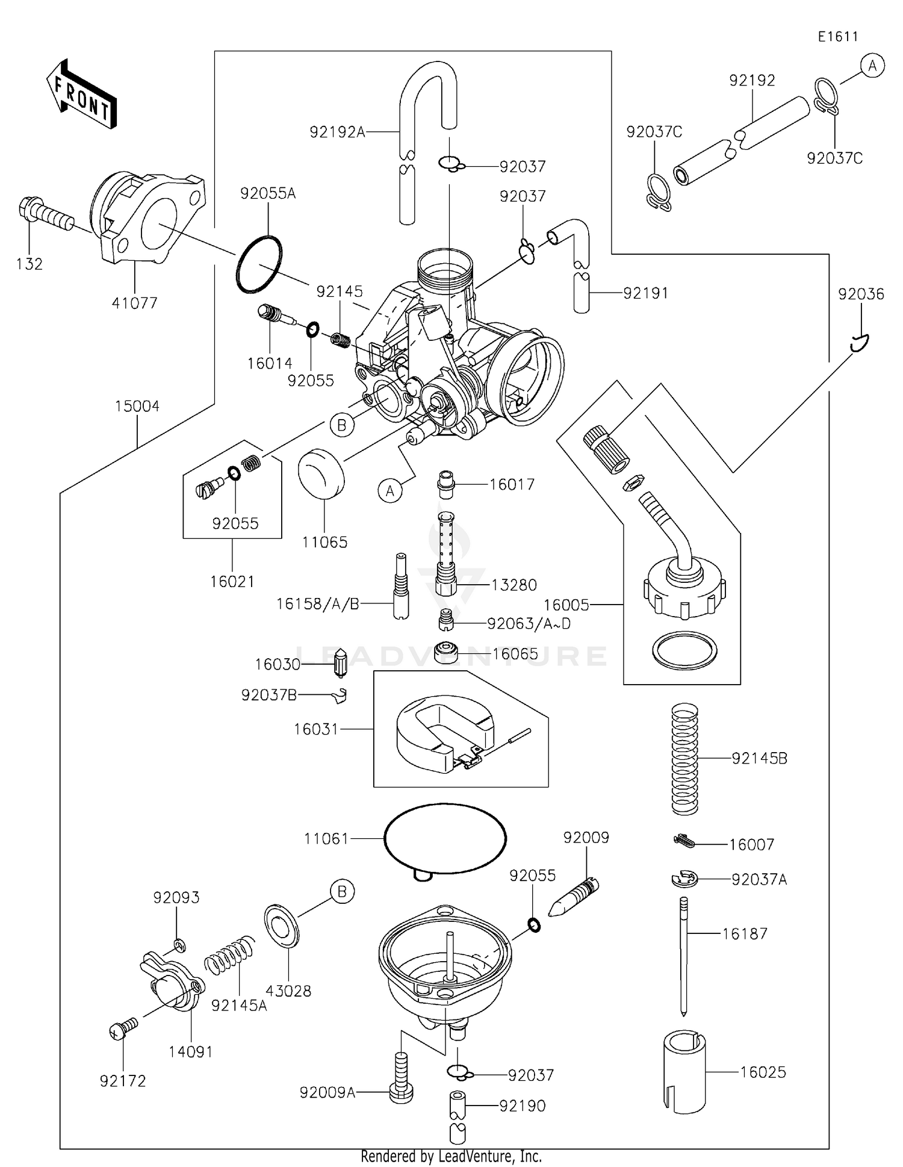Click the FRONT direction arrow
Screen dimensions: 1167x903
pyautogui.click(x=82, y=95)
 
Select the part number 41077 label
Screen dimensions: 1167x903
pyautogui.click(x=134, y=303)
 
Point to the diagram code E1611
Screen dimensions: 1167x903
pyautogui.click(x=837, y=37)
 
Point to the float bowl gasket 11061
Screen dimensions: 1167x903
pyautogui.click(x=445, y=838)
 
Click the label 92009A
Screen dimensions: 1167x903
pyautogui.click(x=327, y=1092)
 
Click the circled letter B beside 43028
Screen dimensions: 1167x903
pyautogui.click(x=342, y=891)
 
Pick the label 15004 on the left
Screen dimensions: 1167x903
pyautogui.click(x=137, y=406)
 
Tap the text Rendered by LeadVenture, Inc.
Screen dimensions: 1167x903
pyautogui.click(x=451, y=1156)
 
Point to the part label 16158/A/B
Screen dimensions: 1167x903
pyautogui.click(x=317, y=604)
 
